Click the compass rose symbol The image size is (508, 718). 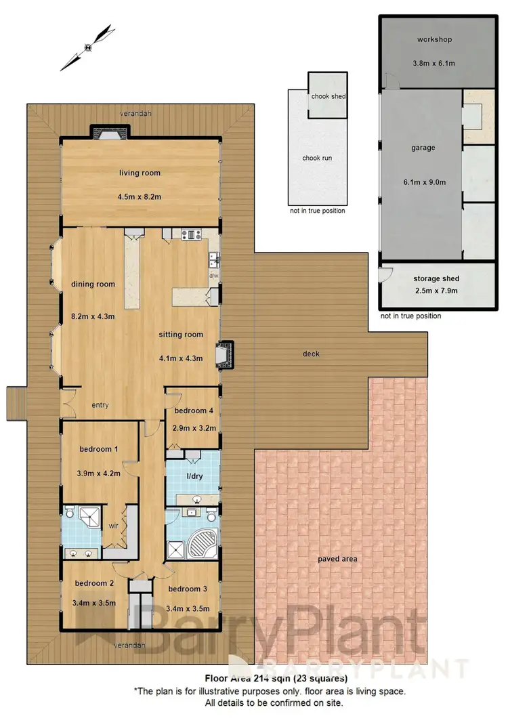click(87, 47)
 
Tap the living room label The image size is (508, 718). click(140, 173)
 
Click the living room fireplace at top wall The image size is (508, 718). click(106, 133)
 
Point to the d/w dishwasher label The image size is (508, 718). click(213, 276)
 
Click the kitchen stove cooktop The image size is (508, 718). click(189, 235)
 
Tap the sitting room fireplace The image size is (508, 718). click(223, 355)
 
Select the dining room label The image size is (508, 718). click(93, 284)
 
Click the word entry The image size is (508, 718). click(100, 405)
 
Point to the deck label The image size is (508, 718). click(312, 354)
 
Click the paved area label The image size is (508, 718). click(340, 559)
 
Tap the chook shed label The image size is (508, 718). click(329, 96)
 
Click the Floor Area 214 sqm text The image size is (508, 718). click(276, 677)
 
